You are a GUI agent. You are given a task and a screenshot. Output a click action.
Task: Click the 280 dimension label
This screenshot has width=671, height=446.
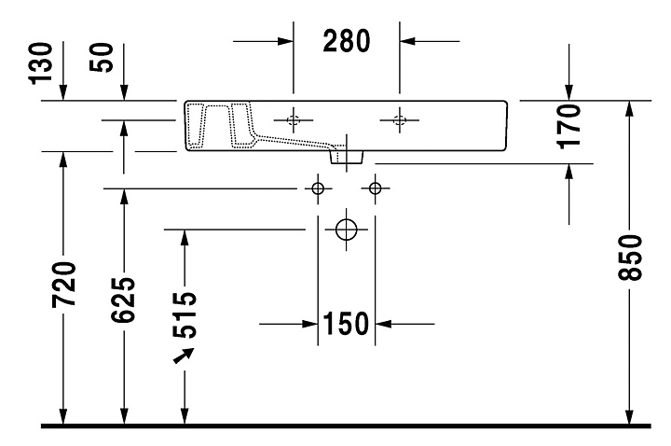click(x=346, y=41)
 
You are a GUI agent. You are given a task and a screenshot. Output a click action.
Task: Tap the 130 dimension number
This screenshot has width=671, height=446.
click(x=41, y=63)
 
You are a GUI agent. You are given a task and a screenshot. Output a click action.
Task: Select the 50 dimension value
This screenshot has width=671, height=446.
click(x=102, y=58)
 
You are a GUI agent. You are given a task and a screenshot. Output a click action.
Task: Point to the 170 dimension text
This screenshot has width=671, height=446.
click(x=569, y=126)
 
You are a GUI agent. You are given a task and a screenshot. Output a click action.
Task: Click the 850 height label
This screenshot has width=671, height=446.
click(x=630, y=258)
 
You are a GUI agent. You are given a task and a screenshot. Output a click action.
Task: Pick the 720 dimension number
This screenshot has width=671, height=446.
click(x=63, y=285)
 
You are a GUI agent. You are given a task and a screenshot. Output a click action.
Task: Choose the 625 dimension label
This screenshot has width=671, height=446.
click(x=123, y=300)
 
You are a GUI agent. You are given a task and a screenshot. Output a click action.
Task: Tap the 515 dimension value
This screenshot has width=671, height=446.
click(x=185, y=314)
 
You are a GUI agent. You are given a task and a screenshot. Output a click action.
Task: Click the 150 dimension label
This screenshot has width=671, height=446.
click(x=346, y=324)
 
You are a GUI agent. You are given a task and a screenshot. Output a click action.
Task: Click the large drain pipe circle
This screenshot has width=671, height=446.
click(x=346, y=230)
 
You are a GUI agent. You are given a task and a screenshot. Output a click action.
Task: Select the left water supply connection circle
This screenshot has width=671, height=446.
click(x=318, y=188)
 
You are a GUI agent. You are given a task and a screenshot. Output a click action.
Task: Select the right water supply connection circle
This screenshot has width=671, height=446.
click(x=375, y=188)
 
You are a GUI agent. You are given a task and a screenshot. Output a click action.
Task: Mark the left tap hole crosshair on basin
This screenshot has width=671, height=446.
click(x=294, y=120)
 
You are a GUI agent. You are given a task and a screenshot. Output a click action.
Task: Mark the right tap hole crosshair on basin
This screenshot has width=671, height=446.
click(x=400, y=120)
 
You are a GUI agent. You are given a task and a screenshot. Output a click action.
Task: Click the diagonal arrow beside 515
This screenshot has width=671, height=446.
click(x=184, y=355)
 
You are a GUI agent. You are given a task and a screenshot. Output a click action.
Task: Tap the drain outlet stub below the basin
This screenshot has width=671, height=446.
click(x=346, y=157)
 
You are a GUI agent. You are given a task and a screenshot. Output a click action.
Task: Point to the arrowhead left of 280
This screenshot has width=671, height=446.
click(x=285, y=42)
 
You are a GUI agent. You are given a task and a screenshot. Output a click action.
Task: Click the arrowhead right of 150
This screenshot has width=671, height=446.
click(x=383, y=324)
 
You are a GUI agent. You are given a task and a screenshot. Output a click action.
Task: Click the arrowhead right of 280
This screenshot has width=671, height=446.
click(x=408, y=42)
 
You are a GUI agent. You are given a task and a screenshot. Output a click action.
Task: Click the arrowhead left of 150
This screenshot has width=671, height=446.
click(x=309, y=324)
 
